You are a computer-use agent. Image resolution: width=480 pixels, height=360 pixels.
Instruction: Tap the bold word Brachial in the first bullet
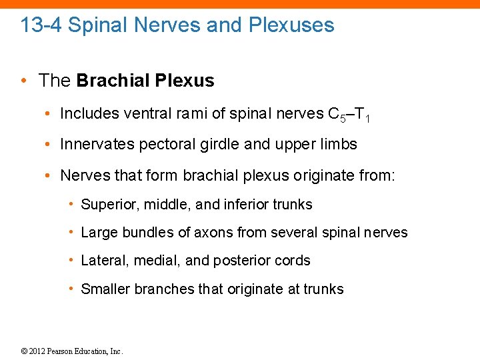(x=113, y=81)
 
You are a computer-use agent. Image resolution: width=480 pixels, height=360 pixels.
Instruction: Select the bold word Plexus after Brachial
(x=185, y=81)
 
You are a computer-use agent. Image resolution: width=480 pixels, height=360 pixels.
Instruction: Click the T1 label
(x=362, y=115)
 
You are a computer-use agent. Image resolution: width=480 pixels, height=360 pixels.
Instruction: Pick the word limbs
(x=339, y=144)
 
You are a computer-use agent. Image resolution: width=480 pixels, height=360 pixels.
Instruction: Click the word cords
(x=293, y=261)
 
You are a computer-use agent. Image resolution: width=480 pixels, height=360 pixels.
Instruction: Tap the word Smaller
(x=105, y=289)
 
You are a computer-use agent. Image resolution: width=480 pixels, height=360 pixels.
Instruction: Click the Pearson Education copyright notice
(x=73, y=351)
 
